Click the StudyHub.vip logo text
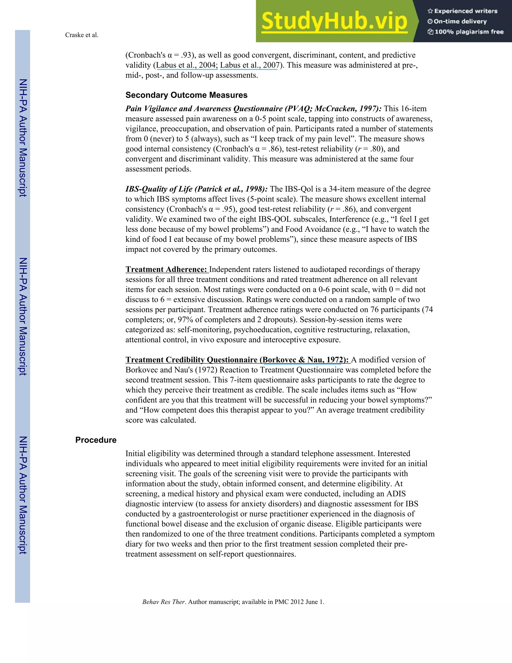click(334, 21)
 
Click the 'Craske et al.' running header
click(81, 35)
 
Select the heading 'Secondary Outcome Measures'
click(186, 95)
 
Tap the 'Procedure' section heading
click(96, 440)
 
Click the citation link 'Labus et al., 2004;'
click(187, 65)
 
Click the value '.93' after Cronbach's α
click(186, 55)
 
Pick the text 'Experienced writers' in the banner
click(465, 11)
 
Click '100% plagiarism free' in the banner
click(469, 32)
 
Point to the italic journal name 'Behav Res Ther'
click(163, 602)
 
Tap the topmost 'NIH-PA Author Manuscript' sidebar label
click(23, 138)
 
